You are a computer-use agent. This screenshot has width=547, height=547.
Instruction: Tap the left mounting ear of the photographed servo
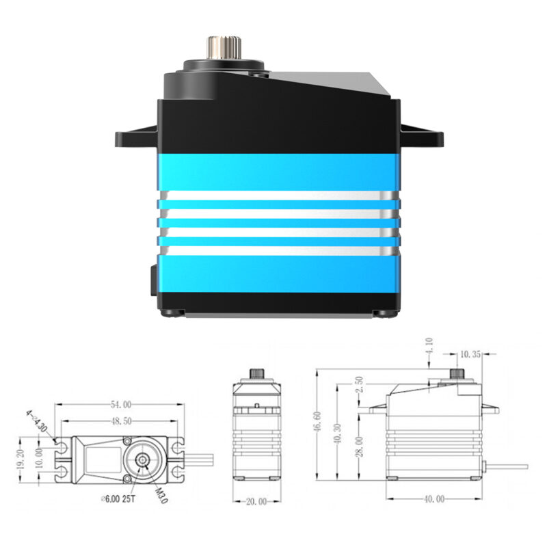pos(135,137)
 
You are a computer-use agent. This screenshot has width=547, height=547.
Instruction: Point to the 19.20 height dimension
pos(21,462)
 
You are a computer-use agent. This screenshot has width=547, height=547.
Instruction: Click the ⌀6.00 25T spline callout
pos(120,500)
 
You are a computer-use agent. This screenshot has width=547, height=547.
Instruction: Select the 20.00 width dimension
pos(257,502)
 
